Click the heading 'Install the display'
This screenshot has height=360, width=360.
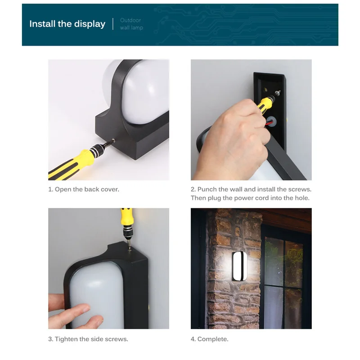(x=67, y=24)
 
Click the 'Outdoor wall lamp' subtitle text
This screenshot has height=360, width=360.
(x=131, y=24)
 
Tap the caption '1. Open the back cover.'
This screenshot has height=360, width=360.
(x=84, y=189)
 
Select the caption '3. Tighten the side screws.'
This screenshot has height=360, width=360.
(x=88, y=339)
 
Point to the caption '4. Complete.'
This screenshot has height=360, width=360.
(x=209, y=339)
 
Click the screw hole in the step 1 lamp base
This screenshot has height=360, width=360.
(x=113, y=140)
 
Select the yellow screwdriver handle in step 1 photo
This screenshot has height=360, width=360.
(x=71, y=165)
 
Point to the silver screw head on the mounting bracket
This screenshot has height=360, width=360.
(x=278, y=93)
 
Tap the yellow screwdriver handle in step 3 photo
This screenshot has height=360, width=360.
(x=126, y=217)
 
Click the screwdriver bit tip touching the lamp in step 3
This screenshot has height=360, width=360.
(x=130, y=250)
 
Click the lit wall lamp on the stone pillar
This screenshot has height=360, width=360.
(x=239, y=266)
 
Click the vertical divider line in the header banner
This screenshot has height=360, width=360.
(x=113, y=24)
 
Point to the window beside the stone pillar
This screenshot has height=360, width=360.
(x=284, y=283)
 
